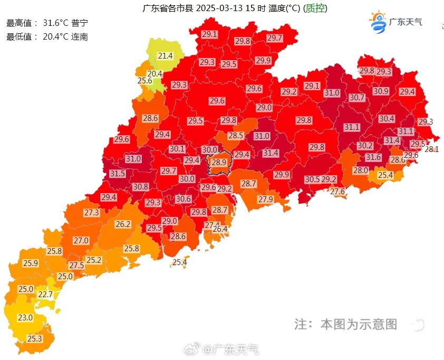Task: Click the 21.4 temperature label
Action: [x=165, y=55]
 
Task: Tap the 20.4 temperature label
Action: [x=155, y=74]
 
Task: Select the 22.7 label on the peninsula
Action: [x=45, y=295]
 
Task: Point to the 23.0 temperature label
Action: [x=25, y=318]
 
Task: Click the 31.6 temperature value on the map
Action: [x=373, y=157]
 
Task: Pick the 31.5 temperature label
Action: [x=117, y=174]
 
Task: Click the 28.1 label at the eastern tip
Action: [x=432, y=149]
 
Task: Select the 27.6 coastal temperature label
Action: [x=337, y=192]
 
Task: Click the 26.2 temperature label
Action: [x=123, y=224]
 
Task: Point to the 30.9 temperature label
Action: [x=381, y=91]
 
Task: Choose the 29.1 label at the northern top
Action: [x=209, y=34]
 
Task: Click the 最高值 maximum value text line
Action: [x=47, y=23]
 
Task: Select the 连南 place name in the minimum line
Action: [x=80, y=36]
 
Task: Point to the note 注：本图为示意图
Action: [x=345, y=324]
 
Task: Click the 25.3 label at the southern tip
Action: [x=35, y=338]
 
